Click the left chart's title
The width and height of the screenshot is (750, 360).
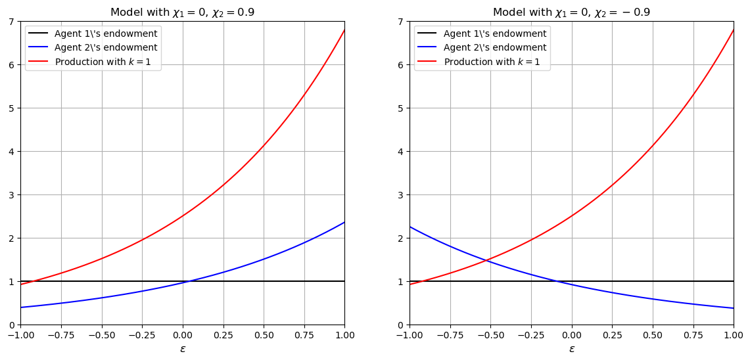tap(182, 12)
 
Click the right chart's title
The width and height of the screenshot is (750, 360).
tap(571, 12)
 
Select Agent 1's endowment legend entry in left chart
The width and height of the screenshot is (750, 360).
tap(106, 34)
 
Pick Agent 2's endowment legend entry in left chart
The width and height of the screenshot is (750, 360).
tap(106, 48)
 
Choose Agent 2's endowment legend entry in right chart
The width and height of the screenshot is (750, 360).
tap(495, 48)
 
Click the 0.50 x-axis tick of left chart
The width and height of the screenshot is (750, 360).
tap(264, 335)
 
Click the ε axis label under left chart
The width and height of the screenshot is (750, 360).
tap(183, 349)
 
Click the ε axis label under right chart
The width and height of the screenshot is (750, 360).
tap(572, 349)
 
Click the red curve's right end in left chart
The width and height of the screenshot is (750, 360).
tap(344, 30)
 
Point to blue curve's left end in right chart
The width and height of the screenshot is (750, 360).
tap(410, 227)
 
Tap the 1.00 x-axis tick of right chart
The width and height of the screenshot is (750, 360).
tap(734, 335)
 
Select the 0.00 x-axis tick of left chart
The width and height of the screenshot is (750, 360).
tap(183, 335)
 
